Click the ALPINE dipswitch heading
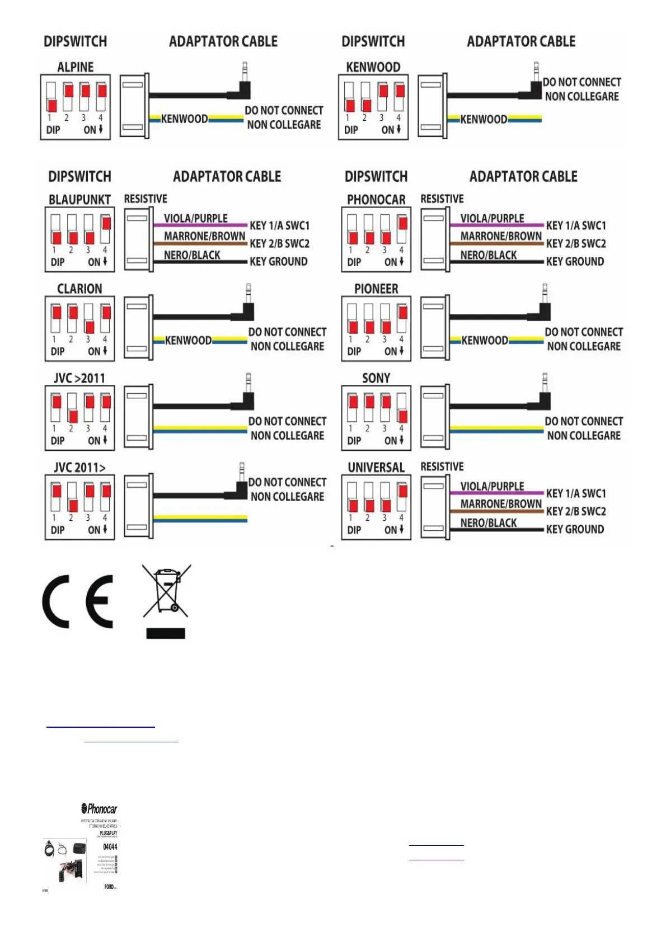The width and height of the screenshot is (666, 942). (75, 67)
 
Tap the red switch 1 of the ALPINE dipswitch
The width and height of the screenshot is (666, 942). (51, 105)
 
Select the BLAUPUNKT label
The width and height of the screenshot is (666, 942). (79, 200)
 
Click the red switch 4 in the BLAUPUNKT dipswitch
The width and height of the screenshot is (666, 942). (106, 223)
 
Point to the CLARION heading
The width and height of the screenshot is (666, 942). (79, 289)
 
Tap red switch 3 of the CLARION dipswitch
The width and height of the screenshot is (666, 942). (90, 326)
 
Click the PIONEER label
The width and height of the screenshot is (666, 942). (376, 289)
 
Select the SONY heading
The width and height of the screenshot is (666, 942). (376, 378)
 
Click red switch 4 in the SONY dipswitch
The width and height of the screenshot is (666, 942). (402, 416)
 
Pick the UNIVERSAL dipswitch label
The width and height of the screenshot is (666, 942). (376, 468)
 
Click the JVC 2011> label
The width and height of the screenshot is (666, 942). (79, 468)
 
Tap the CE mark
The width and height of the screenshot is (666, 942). (78, 601)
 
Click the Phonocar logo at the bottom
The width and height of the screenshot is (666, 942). (99, 809)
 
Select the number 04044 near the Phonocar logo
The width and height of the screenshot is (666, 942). (110, 847)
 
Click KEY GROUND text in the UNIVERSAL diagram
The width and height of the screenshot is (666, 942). (575, 529)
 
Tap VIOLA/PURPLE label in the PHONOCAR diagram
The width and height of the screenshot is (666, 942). (492, 218)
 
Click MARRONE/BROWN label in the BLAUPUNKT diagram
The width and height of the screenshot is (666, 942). (204, 236)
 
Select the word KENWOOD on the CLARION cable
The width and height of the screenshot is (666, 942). (188, 340)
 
